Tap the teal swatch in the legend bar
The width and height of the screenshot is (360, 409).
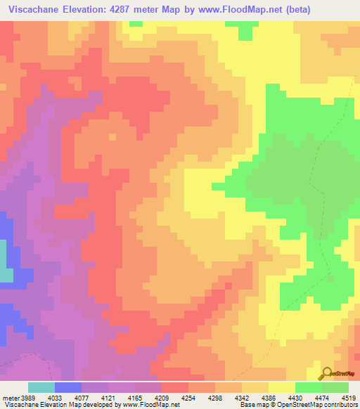(41, 387)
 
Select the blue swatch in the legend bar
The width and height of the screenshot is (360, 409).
(67, 387)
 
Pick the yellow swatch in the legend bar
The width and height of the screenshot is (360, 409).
(281, 387)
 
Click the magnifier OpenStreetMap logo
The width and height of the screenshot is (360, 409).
(326, 374)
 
